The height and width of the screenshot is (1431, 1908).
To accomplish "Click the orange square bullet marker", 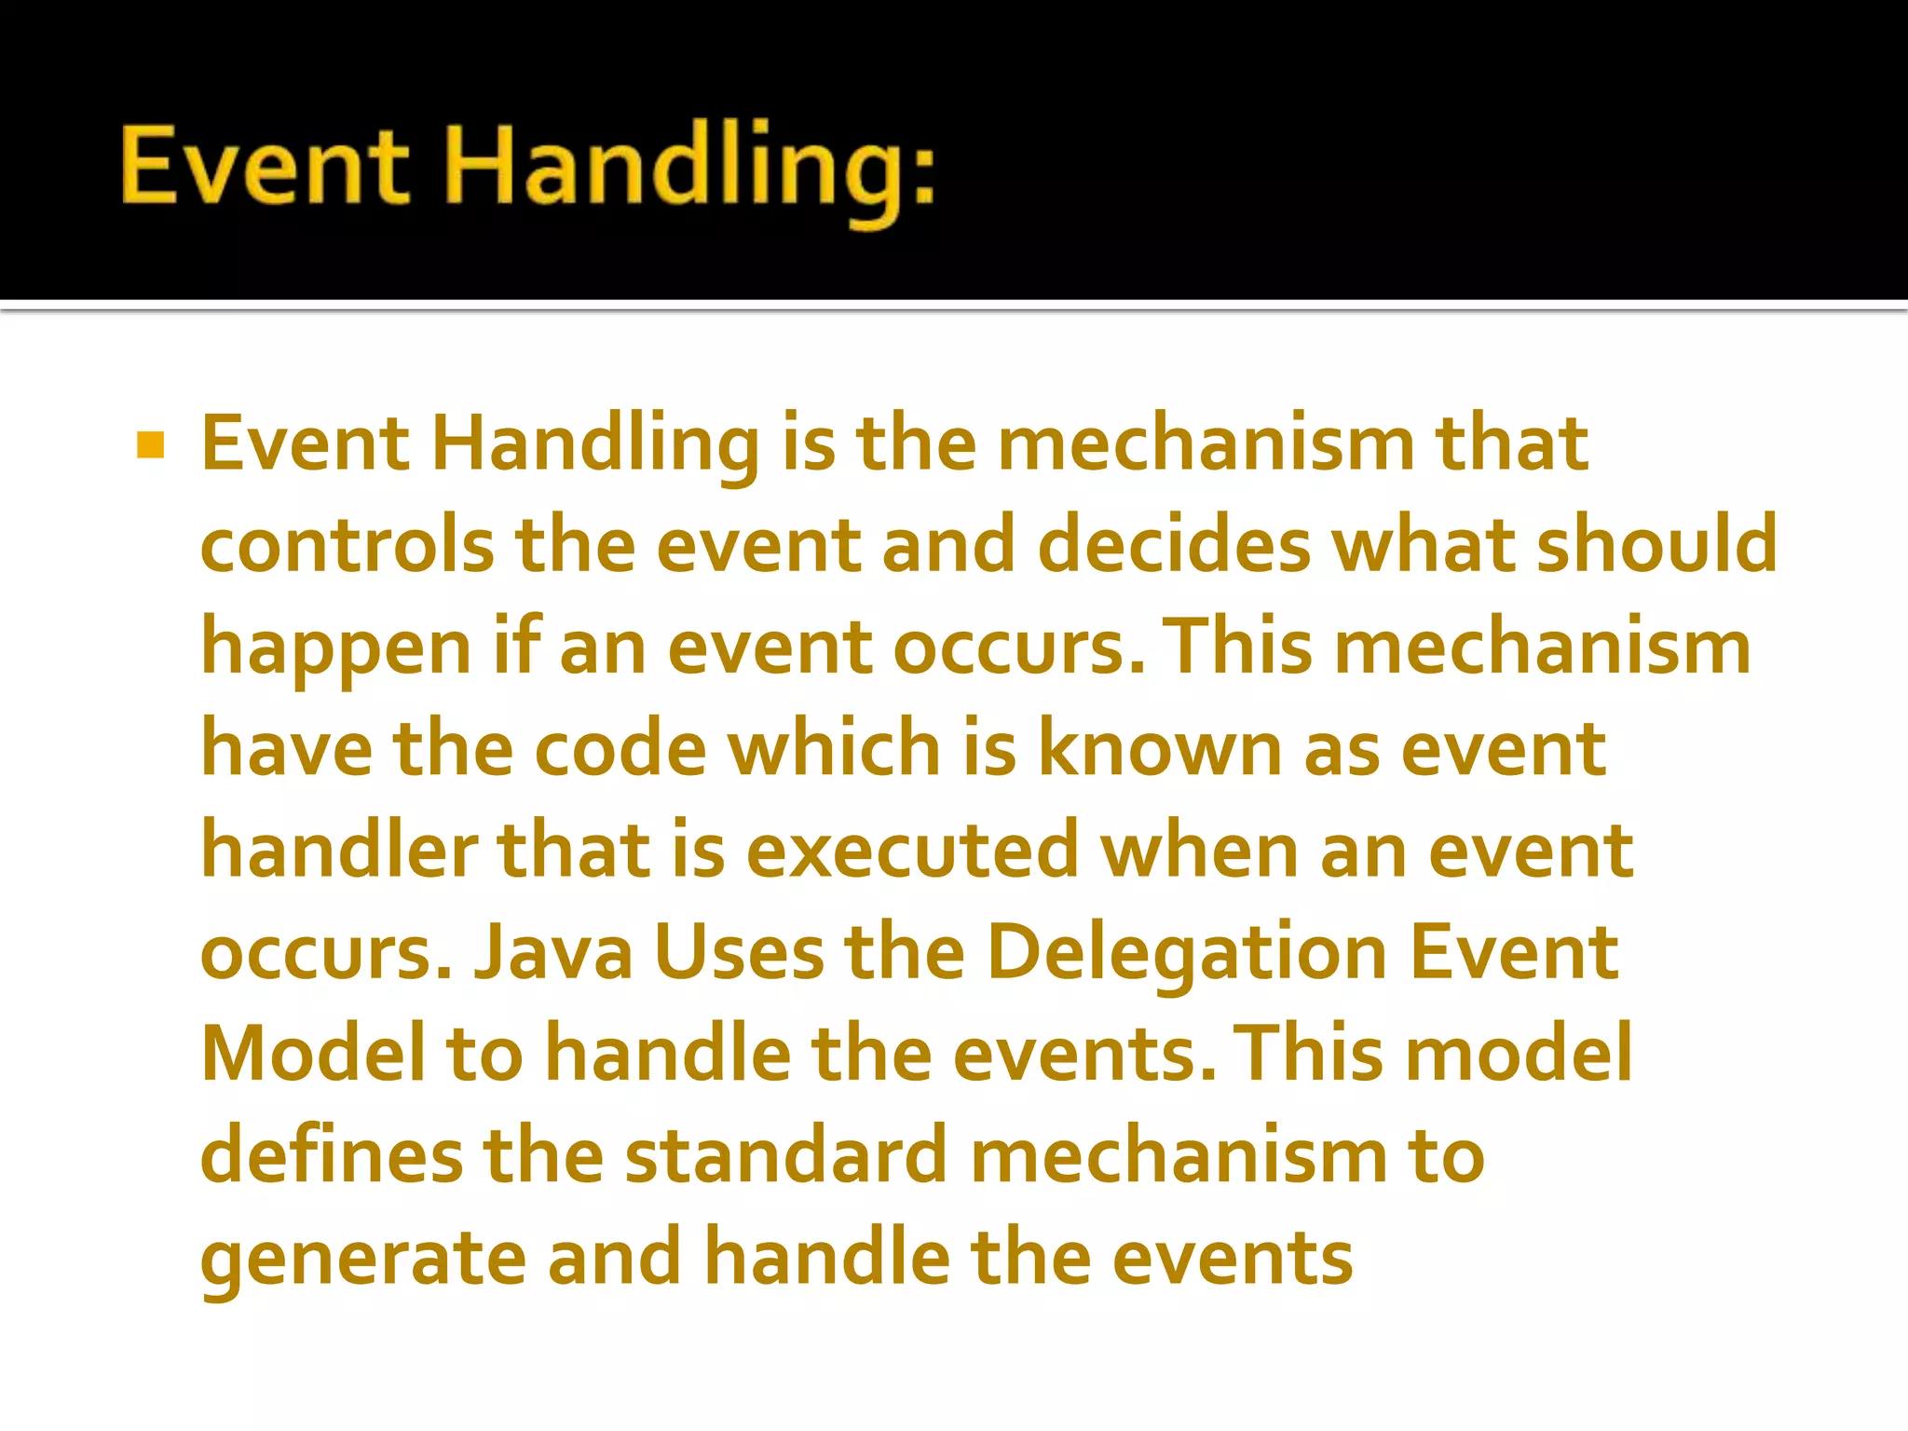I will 150,445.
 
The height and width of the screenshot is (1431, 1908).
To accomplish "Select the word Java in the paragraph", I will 553,952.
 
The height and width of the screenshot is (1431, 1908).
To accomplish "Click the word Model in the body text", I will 313,1053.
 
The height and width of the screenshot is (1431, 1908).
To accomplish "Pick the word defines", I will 332,1155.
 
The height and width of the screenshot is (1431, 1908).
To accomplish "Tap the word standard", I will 786,1155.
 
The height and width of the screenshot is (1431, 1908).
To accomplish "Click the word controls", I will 348,545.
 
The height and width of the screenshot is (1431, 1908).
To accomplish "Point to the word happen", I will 336,649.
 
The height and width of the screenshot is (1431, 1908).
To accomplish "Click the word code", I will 620,748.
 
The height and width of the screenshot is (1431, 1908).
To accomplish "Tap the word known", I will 1159,748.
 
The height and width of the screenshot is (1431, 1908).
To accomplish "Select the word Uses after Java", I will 739,952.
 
